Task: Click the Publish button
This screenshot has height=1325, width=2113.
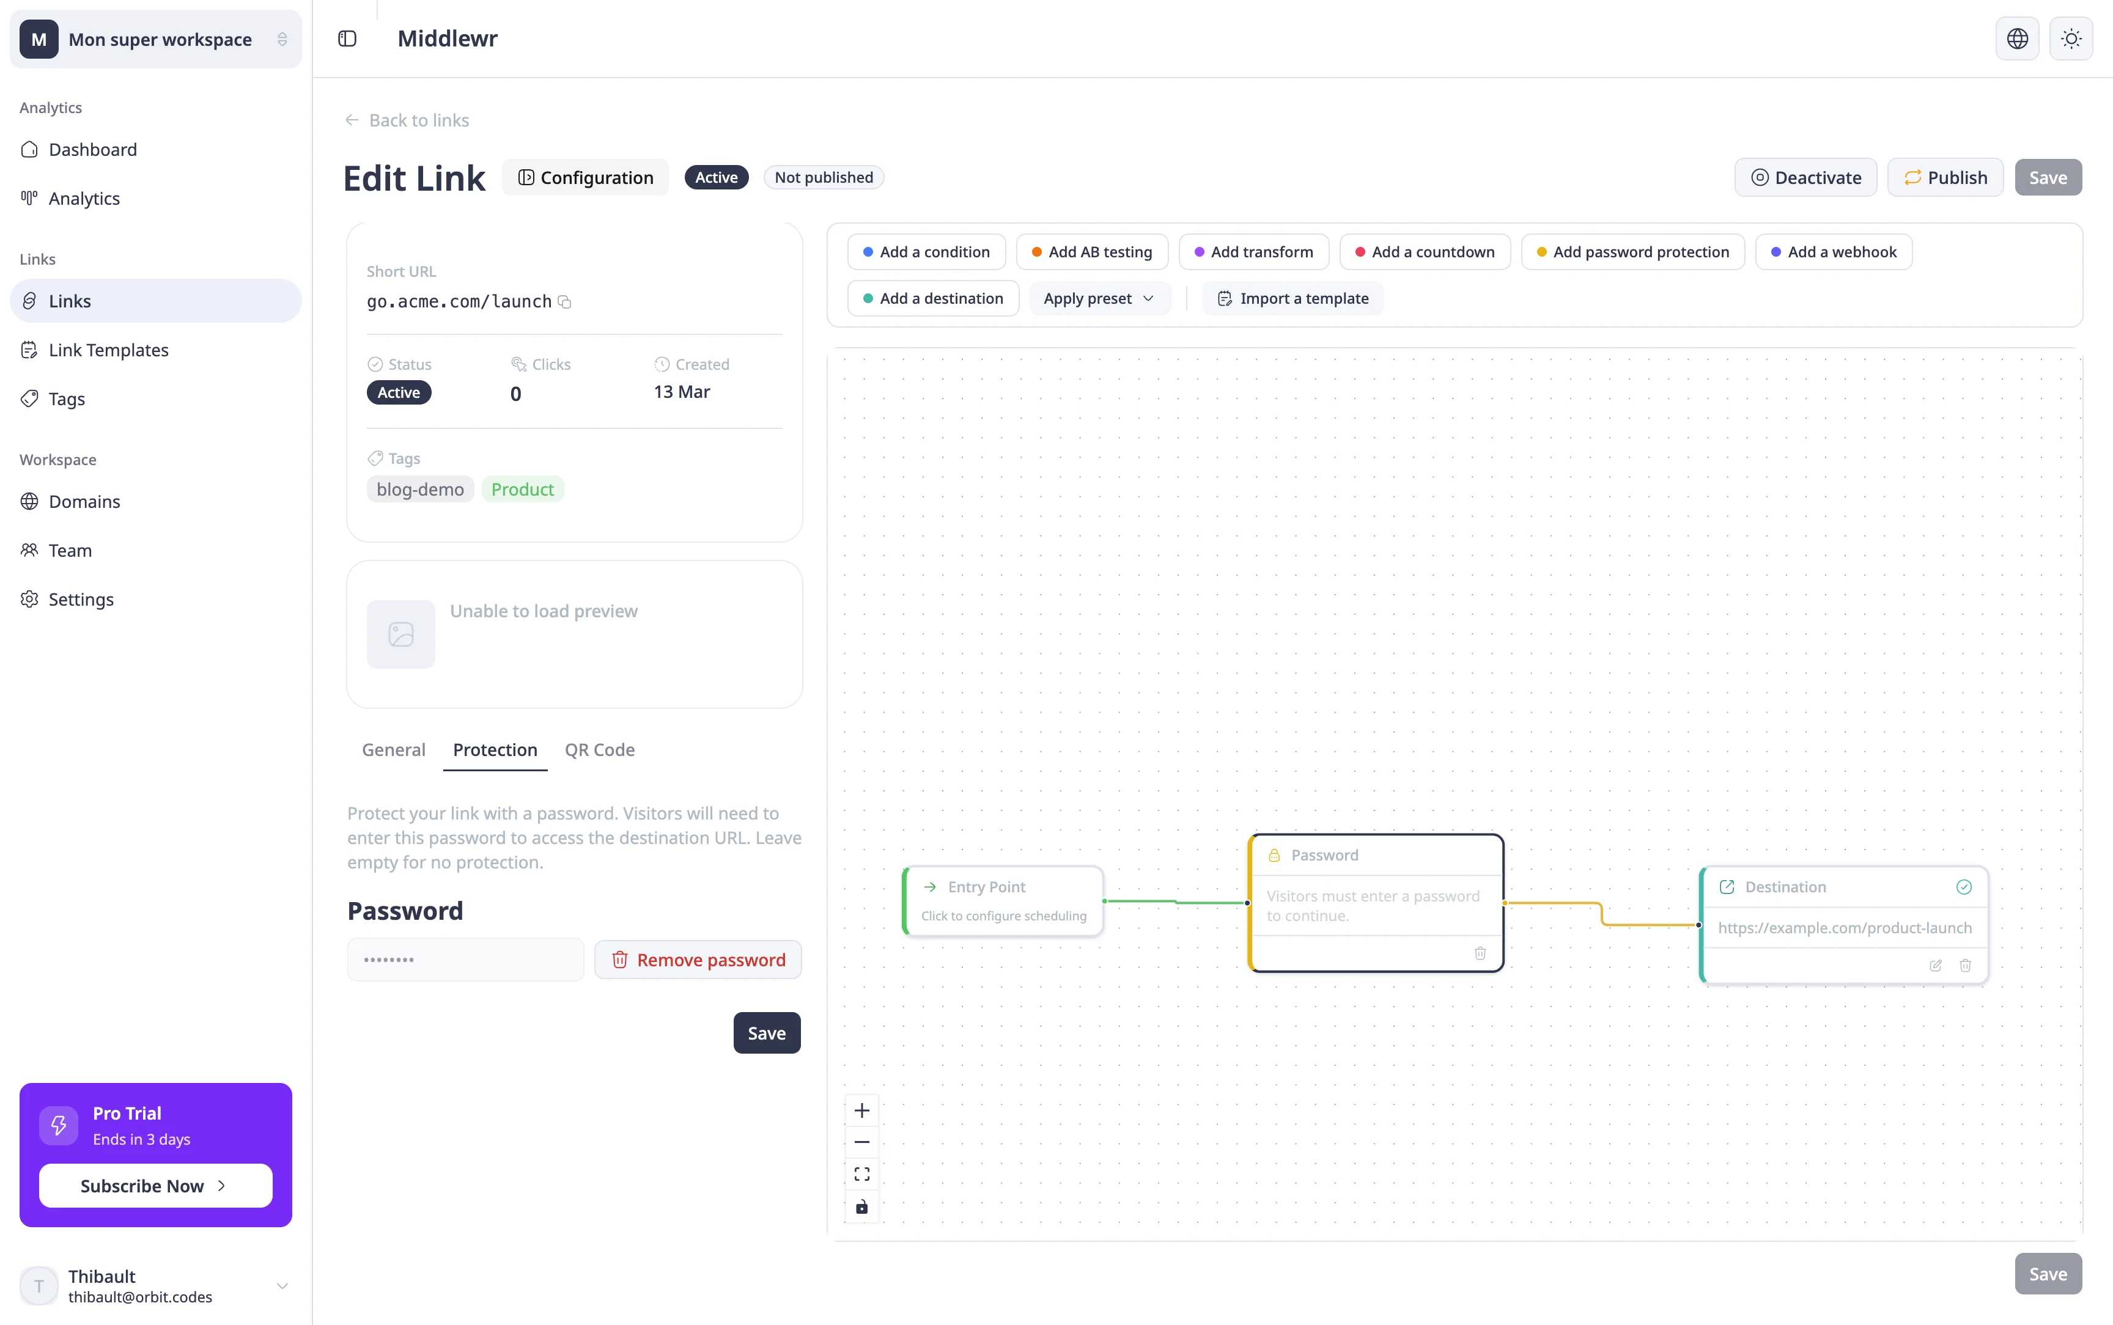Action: pyautogui.click(x=1945, y=177)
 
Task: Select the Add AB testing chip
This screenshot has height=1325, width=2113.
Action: pyautogui.click(x=1092, y=252)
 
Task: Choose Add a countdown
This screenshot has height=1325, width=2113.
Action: pyautogui.click(x=1424, y=252)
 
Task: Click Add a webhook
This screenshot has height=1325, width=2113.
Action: pyautogui.click(x=1834, y=252)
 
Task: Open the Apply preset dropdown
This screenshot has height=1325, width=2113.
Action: pyautogui.click(x=1099, y=298)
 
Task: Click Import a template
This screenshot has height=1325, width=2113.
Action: pyautogui.click(x=1293, y=298)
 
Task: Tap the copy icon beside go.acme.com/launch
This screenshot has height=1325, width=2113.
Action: pyautogui.click(x=566, y=301)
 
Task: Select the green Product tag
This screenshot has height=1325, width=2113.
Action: pyautogui.click(x=522, y=489)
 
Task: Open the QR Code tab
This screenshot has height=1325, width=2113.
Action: pyautogui.click(x=599, y=749)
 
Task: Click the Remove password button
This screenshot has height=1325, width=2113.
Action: pyautogui.click(x=698, y=960)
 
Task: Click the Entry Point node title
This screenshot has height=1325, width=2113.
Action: pyautogui.click(x=987, y=887)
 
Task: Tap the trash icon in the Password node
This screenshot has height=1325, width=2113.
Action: pyautogui.click(x=1480, y=953)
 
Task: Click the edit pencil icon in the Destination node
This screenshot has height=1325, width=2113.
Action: pyautogui.click(x=1936, y=966)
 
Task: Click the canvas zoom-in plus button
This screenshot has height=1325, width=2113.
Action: pyautogui.click(x=862, y=1110)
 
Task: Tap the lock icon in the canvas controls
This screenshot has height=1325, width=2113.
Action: pyautogui.click(x=862, y=1206)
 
